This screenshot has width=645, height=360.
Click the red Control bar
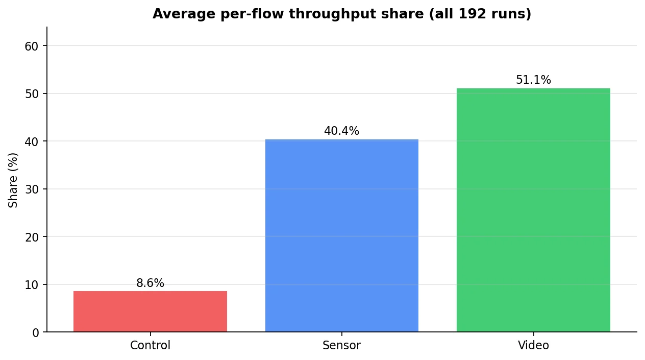coord(150,311)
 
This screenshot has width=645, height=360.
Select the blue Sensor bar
coord(341,235)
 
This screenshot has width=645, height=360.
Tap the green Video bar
coord(533,210)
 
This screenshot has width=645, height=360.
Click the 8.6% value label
coord(150,283)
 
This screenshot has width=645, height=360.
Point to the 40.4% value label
coord(341,131)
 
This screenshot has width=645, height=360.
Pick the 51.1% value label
coord(533,80)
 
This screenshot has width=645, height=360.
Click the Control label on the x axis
coord(150,345)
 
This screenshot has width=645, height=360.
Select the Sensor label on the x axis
coord(341,345)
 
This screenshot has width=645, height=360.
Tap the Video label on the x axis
coord(533,345)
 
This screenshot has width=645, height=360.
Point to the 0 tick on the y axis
coord(36,333)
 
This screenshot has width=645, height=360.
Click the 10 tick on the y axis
coord(32,285)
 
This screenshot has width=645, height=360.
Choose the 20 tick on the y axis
coord(32,237)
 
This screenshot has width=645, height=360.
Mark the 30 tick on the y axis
coord(32,189)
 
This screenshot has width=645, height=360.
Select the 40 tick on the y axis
coord(32,142)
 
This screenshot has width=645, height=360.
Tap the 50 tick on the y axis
coord(32,94)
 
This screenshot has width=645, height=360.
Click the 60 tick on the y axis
coord(32,46)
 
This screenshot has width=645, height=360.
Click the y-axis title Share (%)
coord(13,180)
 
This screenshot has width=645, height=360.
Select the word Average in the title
coord(184,14)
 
